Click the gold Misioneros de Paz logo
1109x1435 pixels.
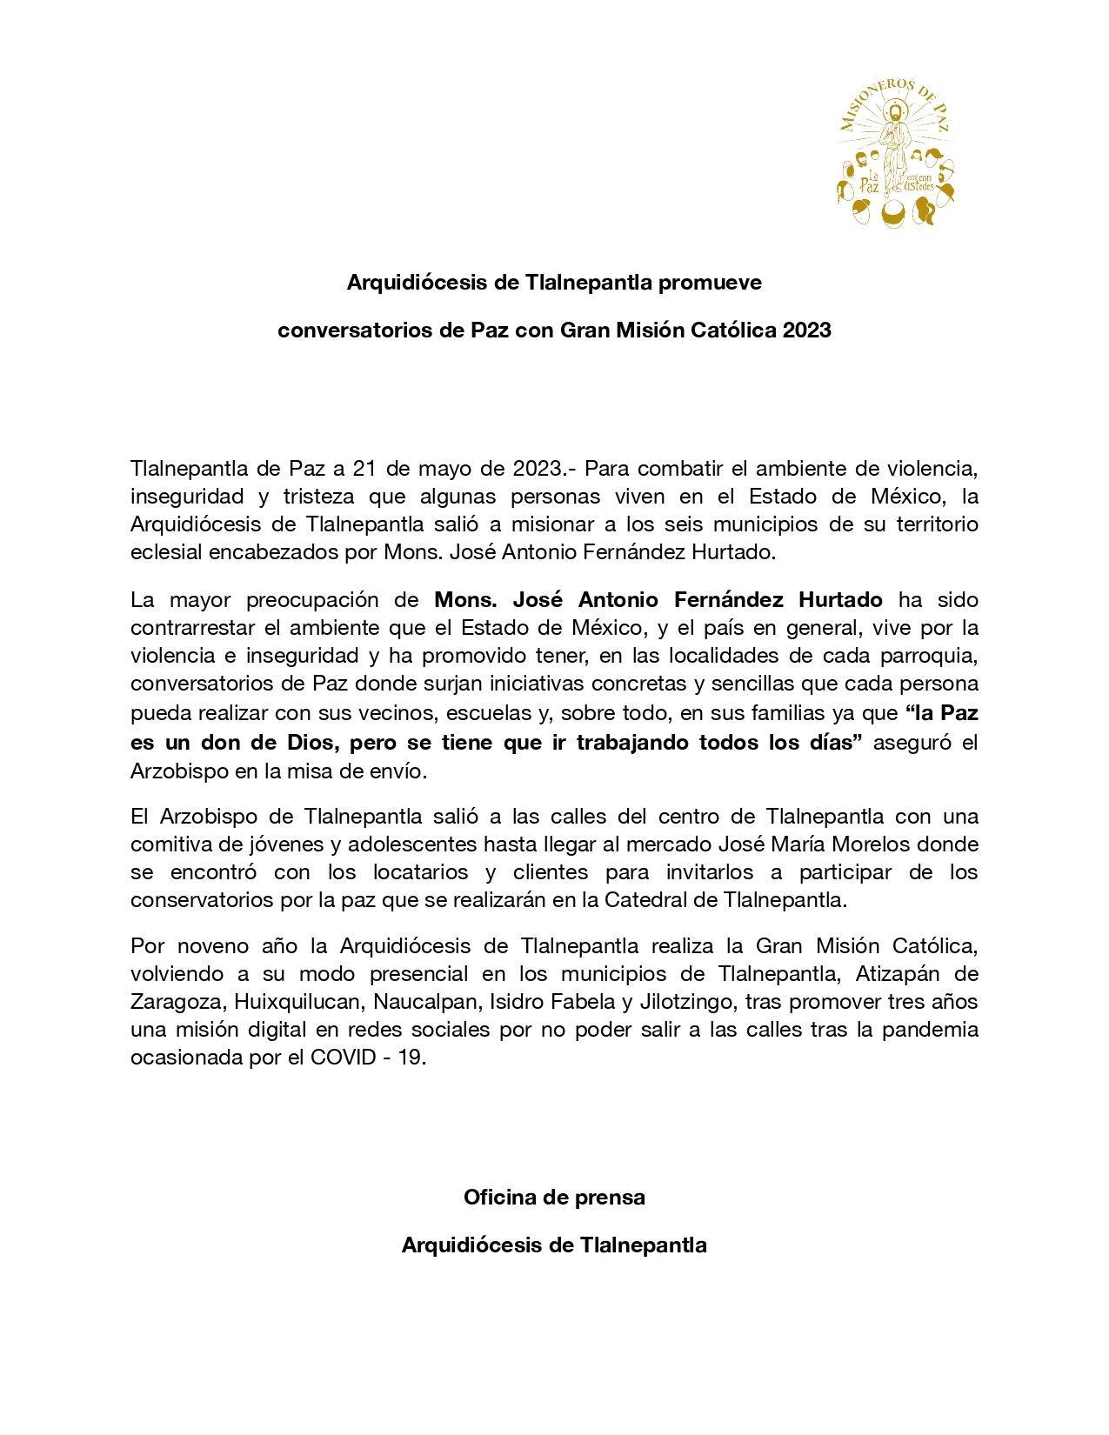pos(895,153)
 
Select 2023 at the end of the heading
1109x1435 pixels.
pos(806,330)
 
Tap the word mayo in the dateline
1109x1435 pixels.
pos(444,469)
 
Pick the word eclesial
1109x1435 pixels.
pos(166,552)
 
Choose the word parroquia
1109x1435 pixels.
pos(937,656)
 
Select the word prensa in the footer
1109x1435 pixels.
pos(612,1198)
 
